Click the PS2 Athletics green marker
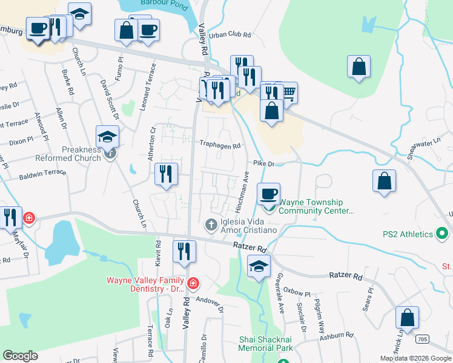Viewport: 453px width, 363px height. click(441, 234)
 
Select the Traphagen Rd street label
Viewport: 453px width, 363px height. click(220, 145)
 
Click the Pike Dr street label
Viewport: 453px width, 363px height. click(263, 163)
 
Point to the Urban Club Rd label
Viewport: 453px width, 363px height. click(230, 35)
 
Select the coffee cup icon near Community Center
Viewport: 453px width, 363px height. click(269, 194)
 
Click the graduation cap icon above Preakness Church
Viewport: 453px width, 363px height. click(107, 137)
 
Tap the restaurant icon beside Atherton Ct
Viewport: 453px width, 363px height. click(165, 174)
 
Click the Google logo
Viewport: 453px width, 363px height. click(20, 356)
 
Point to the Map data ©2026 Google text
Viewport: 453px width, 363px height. click(414, 358)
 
